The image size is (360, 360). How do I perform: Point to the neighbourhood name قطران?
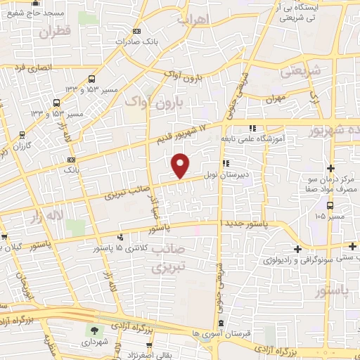56,32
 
